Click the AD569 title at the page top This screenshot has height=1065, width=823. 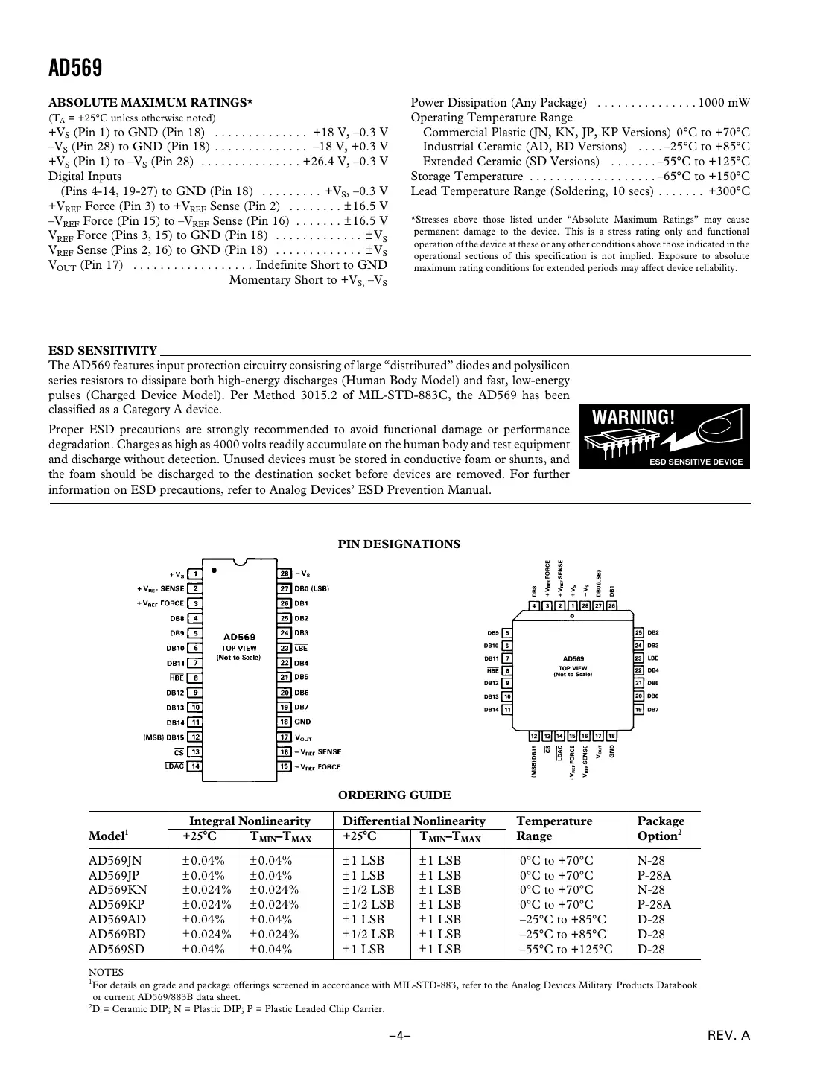click(x=75, y=69)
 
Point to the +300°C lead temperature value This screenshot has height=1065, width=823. click(x=728, y=191)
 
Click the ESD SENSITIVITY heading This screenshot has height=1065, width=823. click(x=103, y=351)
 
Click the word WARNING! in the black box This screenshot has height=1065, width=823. click(x=633, y=417)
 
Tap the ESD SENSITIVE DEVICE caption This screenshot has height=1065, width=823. click(x=696, y=462)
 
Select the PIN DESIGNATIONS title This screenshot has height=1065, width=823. click(x=399, y=544)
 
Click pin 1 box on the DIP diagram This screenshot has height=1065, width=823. click(x=194, y=574)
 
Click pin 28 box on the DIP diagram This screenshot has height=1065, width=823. click(x=285, y=574)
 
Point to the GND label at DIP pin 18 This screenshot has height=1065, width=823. click(x=302, y=722)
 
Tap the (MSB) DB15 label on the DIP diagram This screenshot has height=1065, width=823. click(x=162, y=737)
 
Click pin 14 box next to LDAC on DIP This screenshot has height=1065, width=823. click(x=194, y=766)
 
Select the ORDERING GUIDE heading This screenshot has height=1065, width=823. click(x=394, y=795)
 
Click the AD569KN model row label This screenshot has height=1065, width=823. click(x=118, y=890)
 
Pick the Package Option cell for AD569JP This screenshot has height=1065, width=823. click(x=654, y=875)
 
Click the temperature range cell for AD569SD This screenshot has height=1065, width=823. click(x=566, y=950)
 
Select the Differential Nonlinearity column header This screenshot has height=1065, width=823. click(x=413, y=821)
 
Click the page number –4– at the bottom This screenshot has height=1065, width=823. click(x=400, y=1036)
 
